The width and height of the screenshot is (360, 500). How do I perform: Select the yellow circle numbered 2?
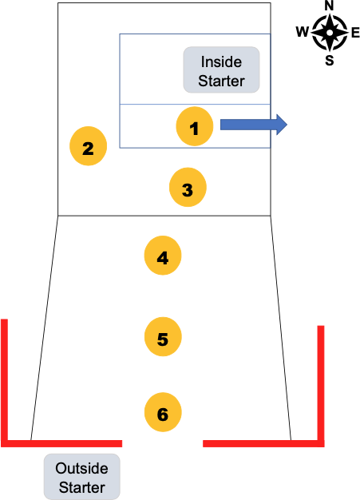click(89, 147)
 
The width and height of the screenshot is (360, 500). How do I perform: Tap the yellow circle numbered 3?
click(188, 189)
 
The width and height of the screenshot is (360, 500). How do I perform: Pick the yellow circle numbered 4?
click(163, 257)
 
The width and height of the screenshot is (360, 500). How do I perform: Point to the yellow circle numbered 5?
click(163, 338)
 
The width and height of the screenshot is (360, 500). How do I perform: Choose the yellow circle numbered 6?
click(163, 413)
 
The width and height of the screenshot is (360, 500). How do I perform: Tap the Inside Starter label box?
click(221, 69)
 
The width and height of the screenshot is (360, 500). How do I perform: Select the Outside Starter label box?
click(82, 477)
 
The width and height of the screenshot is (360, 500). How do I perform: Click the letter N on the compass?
click(329, 6)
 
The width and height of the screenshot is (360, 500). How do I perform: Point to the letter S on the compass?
click(329, 61)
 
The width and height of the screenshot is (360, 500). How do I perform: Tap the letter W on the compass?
click(303, 33)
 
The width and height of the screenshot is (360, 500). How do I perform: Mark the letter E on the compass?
click(354, 33)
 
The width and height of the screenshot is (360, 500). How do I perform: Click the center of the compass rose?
click(329, 33)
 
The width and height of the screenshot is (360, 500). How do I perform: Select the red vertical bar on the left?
click(5, 379)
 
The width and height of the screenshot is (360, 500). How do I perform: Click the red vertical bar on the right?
click(321, 383)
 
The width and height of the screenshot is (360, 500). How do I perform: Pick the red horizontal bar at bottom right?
click(263, 442)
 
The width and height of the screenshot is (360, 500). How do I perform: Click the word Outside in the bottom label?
click(82, 469)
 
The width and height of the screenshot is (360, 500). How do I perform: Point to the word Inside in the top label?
click(221, 62)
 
